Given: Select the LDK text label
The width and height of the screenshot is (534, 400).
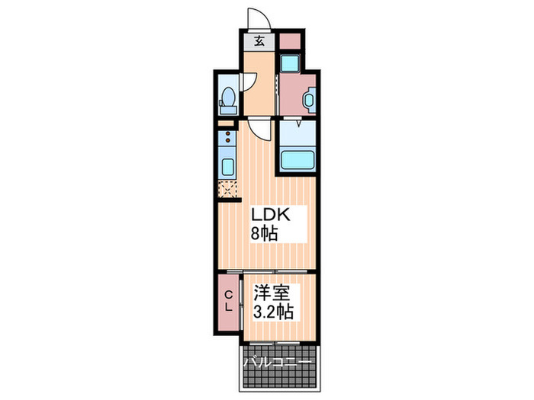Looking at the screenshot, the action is click(271, 215).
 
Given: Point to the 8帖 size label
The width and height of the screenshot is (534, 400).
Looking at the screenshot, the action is click(264, 233).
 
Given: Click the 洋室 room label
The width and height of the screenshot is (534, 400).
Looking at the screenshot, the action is click(271, 293).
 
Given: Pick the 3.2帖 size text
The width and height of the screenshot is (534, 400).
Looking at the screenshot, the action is click(273, 311).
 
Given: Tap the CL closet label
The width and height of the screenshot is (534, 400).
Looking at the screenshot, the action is click(229, 302).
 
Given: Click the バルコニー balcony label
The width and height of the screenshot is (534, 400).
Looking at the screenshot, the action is click(277, 362).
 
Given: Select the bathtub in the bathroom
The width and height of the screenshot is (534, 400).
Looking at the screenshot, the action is click(298, 159).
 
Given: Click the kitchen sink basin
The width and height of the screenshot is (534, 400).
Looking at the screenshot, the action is click(227, 167).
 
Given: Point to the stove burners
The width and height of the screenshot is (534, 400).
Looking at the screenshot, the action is click(227, 137).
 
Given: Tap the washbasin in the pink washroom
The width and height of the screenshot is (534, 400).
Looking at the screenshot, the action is click(309, 100).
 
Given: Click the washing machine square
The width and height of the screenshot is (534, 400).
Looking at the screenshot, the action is click(290, 63).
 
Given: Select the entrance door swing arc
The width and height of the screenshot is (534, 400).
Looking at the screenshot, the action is click(259, 18).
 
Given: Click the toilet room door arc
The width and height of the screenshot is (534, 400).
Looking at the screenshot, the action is click(248, 82).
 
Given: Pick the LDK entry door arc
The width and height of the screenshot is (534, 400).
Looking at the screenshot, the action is click(259, 129).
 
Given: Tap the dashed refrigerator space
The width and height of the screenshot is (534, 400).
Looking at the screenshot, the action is click(227, 189).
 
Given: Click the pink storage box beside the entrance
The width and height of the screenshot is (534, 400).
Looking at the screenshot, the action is click(290, 41).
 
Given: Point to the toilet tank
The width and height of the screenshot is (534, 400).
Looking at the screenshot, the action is click(228, 110).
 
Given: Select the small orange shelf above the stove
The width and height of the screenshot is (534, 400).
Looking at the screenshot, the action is click(226, 123).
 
